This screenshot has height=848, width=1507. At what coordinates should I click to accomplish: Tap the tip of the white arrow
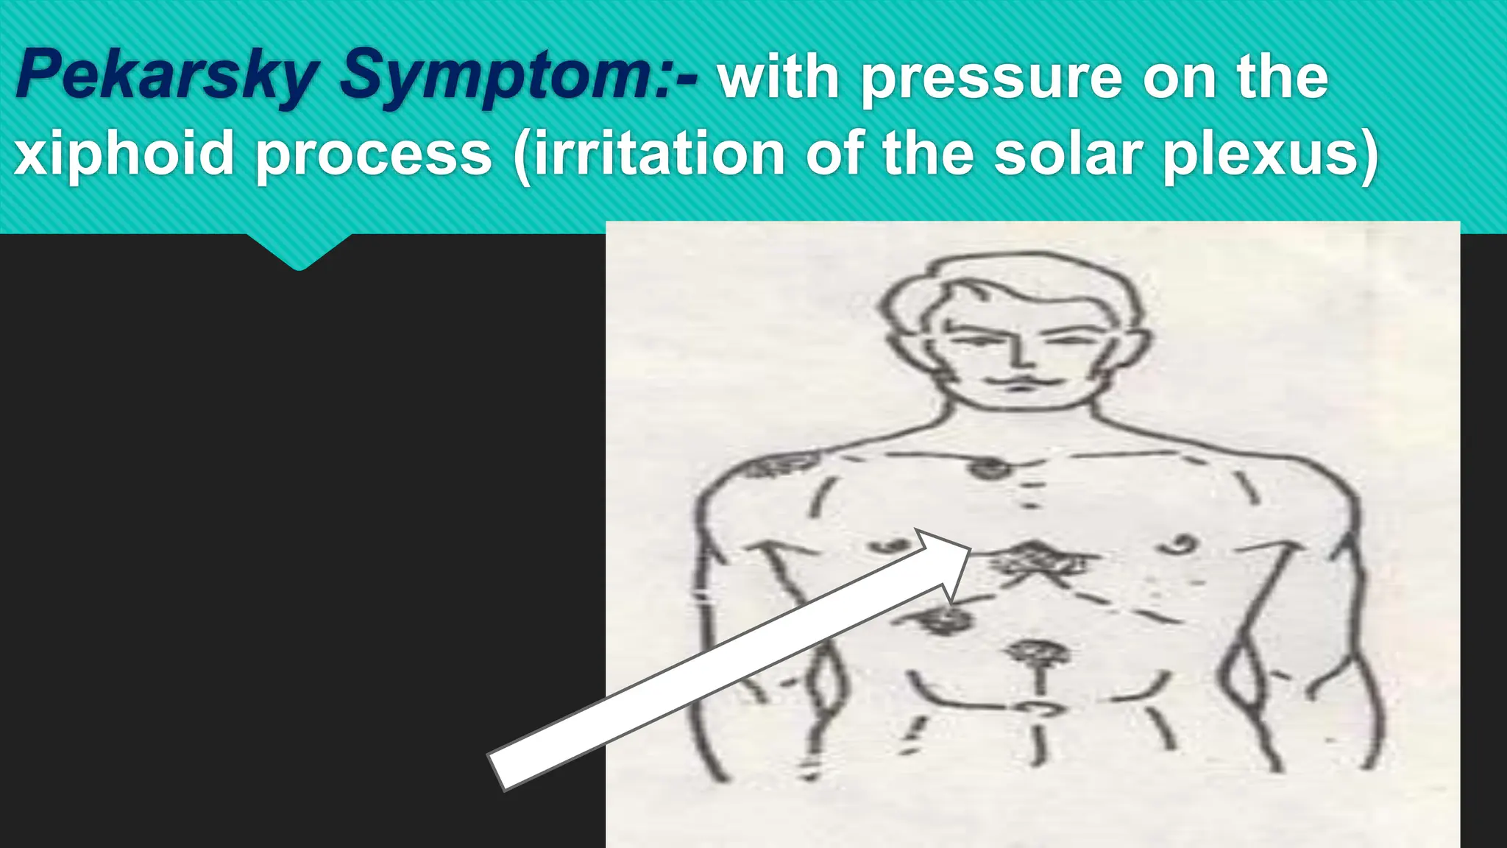[970, 548]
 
